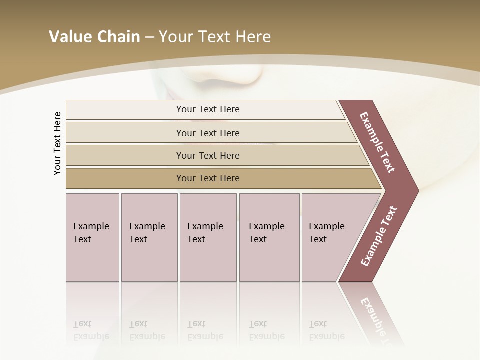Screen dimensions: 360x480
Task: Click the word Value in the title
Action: pyautogui.click(x=69, y=37)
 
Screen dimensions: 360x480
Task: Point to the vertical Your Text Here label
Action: pyautogui.click(x=57, y=143)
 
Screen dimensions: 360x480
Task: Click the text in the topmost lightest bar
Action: pyautogui.click(x=208, y=109)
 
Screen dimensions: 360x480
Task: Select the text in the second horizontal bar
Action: pyautogui.click(x=208, y=133)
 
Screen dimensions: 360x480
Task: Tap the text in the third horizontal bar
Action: pyautogui.click(x=208, y=155)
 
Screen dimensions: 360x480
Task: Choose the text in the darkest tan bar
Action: pyautogui.click(x=208, y=178)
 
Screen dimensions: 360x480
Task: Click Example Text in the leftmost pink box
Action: pyautogui.click(x=91, y=233)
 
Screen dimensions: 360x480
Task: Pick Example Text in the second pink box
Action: pyautogui.click(x=147, y=233)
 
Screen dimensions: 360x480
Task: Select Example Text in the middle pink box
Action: pyautogui.click(x=205, y=233)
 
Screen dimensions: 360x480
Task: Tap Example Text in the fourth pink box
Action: pyautogui.click(x=266, y=233)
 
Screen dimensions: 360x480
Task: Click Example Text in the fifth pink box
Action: pyautogui.click(x=326, y=233)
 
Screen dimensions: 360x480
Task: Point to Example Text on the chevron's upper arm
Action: pyautogui.click(x=377, y=142)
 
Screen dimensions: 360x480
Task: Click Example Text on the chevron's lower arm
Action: pyautogui.click(x=379, y=236)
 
